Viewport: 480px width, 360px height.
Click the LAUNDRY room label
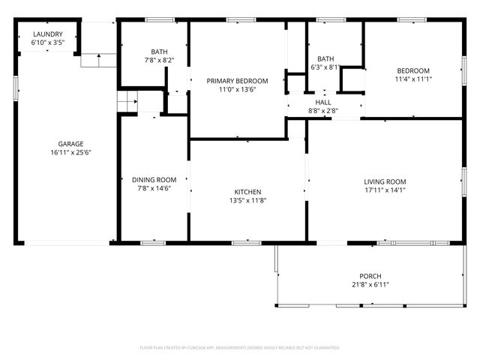tap(47, 34)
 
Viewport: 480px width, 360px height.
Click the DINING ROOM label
tap(154, 179)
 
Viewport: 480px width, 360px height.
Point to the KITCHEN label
tap(247, 192)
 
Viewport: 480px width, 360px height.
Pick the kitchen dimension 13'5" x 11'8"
tap(247, 200)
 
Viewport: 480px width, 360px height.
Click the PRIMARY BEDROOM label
tap(237, 81)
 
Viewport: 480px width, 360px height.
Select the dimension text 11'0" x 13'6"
tap(237, 89)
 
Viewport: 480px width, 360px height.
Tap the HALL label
tap(323, 102)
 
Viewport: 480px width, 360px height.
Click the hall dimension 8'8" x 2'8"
tap(323, 110)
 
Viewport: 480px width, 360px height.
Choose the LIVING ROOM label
tap(385, 181)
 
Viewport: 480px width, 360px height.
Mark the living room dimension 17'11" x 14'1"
tap(385, 190)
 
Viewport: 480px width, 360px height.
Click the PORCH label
tap(370, 276)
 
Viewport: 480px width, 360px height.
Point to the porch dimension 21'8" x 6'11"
tap(370, 284)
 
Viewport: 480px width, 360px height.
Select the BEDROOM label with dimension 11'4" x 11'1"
tap(413, 70)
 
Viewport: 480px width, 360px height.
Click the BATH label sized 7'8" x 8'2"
tap(154, 51)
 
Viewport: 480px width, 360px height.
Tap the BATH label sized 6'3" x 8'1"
tap(325, 58)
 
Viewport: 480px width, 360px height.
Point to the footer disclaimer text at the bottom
tap(240, 348)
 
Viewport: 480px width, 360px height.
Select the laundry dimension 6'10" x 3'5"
tap(47, 43)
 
